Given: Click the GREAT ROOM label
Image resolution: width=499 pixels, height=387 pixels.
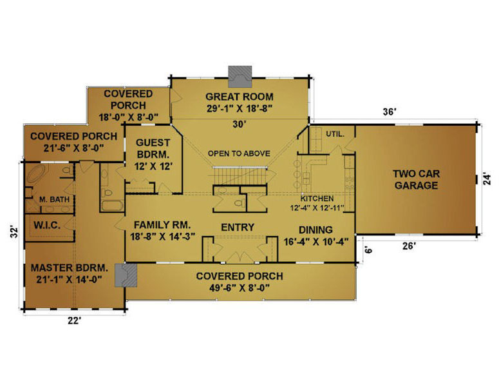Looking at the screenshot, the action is (240, 97).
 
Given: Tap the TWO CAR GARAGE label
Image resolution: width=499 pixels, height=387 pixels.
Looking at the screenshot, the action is (416, 179).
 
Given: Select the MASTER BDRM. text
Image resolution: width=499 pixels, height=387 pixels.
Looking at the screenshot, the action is (70, 268).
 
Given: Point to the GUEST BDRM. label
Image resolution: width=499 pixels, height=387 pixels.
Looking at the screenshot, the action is (153, 148).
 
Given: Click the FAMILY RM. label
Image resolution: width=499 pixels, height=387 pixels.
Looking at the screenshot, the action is (162, 225).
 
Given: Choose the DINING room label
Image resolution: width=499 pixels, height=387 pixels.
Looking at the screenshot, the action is (315, 230).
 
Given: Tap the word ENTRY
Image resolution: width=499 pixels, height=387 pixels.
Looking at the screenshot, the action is (238, 227).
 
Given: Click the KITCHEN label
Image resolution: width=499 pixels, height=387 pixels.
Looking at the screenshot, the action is (317, 199).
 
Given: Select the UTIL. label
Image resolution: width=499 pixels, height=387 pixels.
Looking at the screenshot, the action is (335, 134).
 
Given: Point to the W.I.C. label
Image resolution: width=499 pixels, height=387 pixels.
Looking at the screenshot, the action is (47, 225).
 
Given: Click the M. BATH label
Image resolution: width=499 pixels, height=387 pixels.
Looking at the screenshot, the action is (55, 199).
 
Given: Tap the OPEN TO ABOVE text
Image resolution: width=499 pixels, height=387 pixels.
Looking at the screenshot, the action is (239, 154).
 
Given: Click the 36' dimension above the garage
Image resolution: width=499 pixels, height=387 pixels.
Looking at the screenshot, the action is (389, 112).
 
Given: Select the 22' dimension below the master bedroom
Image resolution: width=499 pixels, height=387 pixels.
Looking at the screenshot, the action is (74, 321).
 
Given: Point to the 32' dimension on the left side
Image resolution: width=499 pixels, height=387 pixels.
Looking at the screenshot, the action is (13, 232).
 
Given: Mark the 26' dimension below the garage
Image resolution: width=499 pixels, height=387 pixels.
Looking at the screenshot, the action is (409, 246).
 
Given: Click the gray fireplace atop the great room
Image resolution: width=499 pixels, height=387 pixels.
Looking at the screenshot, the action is (240, 77).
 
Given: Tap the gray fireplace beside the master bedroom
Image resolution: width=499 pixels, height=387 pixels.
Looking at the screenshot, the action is (126, 275).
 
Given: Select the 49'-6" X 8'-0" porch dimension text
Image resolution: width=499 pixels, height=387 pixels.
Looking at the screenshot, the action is (240, 288).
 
